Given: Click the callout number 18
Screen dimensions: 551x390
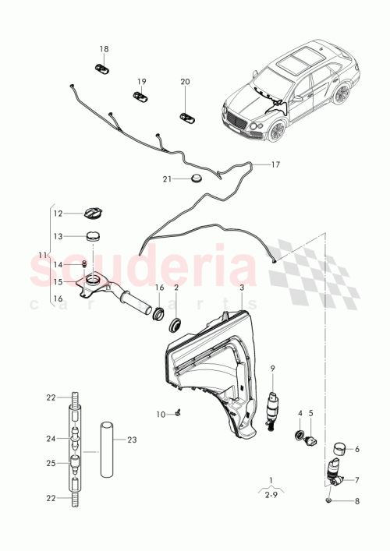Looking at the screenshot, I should pos(105,48).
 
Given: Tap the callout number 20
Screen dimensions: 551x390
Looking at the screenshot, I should pos(185,81).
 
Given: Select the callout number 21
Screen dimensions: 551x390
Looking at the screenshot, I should pos(166,178).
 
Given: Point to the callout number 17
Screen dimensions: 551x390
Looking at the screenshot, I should pos(275,164).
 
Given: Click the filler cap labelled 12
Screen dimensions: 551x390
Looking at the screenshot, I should pos(92,213).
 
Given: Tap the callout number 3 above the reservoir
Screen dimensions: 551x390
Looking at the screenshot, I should pos(242,288).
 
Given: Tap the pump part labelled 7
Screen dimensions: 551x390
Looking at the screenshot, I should pos(335,471).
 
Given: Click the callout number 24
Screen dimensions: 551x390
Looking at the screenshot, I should pos(51,438).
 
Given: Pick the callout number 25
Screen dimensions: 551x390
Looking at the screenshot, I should pos(51,463).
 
